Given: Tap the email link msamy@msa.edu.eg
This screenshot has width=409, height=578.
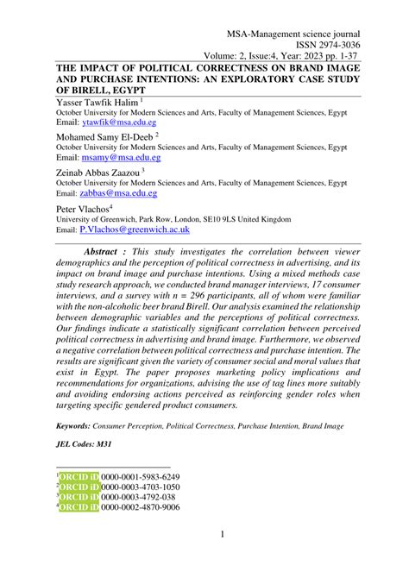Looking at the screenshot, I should coord(120,159).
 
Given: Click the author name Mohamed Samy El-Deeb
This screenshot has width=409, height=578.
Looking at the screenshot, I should coord(104,136).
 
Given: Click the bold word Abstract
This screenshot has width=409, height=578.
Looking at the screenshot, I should coord(104,251).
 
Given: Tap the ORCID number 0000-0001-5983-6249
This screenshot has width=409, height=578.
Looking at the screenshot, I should coord(141,477).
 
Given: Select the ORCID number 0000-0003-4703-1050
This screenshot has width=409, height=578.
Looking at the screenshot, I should coord(141,487).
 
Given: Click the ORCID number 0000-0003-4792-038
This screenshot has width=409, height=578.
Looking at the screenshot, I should coord(137,498).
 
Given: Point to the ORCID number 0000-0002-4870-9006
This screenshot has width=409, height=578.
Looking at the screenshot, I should coord(141,508).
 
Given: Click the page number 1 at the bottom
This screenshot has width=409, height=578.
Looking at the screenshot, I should coord(222,536).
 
